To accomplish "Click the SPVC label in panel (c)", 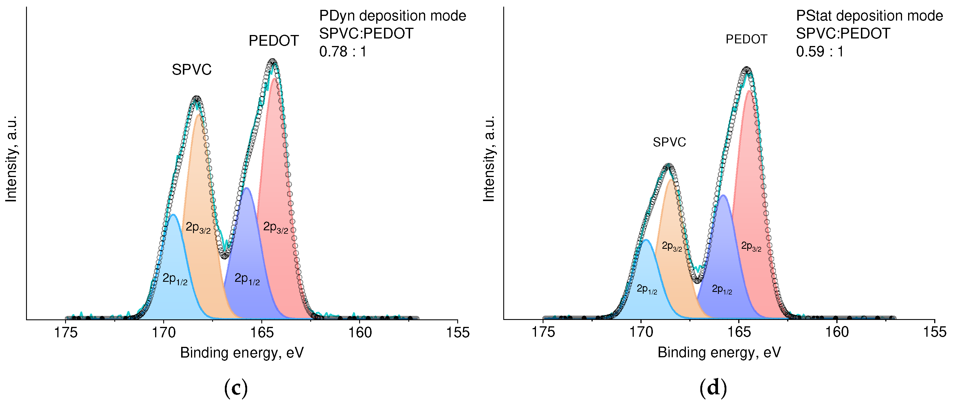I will coord(191,70).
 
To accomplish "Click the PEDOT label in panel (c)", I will coord(273,41).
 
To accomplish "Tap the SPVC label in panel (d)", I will coord(669,142).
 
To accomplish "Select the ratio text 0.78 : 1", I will coord(343,51).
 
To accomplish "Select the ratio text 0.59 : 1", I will coord(820,51).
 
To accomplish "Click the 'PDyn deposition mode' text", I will coord(392,16).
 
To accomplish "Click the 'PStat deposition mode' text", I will coord(869,16).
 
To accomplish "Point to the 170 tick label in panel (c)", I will coord(164,333).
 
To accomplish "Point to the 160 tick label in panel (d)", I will coord(837,332).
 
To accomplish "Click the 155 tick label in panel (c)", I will coord(458,333).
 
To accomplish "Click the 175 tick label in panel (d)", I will coord(543,332).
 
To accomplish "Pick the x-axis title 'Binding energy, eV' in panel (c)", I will coord(242,353).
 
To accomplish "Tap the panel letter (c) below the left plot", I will coord(236,388).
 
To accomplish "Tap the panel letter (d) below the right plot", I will coord(713,388).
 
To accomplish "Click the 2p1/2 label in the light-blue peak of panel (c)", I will coord(175,279).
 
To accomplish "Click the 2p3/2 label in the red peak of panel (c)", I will coord(276,227).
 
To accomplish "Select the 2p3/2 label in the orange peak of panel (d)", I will coord(672,246).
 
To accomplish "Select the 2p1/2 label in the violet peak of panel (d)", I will coord(722,289).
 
